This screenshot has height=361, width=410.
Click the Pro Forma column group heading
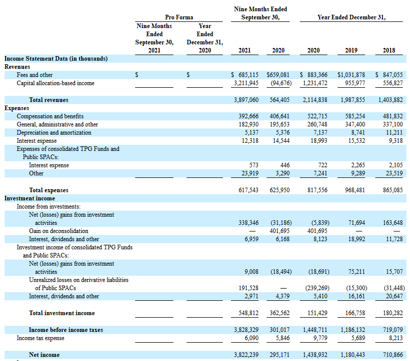coord(179,17)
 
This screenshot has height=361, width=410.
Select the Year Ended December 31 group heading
coord(351,17)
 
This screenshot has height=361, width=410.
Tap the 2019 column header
coord(351,50)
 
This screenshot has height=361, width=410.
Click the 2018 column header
coord(389,50)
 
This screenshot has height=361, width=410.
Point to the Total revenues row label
coord(48,100)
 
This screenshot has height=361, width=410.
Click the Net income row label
coord(44,355)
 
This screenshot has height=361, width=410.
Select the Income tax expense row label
coord(40,338)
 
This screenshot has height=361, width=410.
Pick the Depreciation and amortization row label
coord(54,133)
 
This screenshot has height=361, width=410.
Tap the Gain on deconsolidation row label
coord(59,231)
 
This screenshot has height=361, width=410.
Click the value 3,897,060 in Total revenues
coord(246,100)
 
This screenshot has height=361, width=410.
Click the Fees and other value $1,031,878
coord(351,75)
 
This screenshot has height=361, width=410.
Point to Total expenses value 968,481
coord(355,190)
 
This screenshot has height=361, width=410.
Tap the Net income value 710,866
coord(393,355)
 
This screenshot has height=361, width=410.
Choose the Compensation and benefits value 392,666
coord(248,116)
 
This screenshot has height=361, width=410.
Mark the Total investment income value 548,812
coord(248,313)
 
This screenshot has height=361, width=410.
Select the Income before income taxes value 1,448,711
coord(315,329)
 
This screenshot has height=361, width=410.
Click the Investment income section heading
coord(30,198)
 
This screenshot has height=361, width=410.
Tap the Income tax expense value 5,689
coord(358,338)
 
